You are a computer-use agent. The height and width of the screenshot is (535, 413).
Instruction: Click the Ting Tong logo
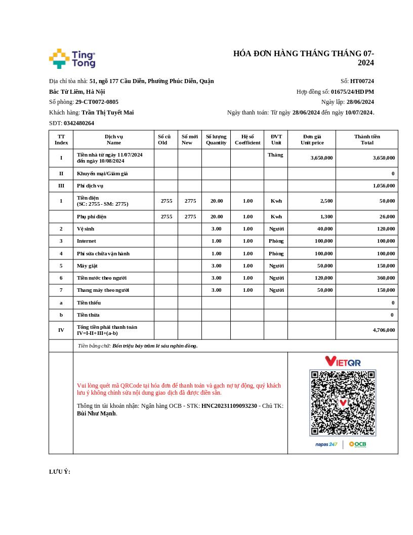72,59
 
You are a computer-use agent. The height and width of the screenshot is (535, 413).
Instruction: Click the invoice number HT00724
362,81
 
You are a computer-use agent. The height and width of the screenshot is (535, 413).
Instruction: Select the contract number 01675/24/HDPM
352,92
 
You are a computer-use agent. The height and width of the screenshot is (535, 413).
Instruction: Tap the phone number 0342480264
79,123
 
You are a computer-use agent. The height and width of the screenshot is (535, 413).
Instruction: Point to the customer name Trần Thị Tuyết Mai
107,112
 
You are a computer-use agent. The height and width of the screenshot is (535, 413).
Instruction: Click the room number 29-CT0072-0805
97,102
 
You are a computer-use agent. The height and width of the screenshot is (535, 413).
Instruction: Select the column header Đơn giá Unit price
312,139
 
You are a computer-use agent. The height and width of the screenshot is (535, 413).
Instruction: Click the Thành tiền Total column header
367,139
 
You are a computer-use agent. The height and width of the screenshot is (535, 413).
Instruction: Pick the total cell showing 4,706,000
384,330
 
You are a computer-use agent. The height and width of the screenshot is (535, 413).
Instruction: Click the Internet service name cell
87,241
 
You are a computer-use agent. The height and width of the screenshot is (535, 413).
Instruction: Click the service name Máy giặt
87,265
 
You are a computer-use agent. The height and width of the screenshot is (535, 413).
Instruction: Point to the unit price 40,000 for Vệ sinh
324,229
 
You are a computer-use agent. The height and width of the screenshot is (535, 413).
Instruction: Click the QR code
343,403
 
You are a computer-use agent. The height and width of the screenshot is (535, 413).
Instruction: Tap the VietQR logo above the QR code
343,361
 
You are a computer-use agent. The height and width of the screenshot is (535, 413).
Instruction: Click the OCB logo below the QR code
357,444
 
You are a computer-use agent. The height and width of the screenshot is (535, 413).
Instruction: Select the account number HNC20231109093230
229,406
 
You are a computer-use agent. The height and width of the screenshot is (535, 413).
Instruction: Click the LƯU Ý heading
60,472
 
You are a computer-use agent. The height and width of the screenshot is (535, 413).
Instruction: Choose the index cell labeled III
61,186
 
